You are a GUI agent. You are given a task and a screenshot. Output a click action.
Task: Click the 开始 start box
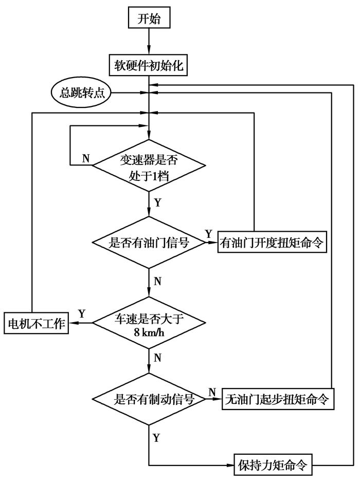[149, 19]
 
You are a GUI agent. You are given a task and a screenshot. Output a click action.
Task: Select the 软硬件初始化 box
[149, 66]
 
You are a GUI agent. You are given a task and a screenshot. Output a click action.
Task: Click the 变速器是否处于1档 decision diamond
[149, 165]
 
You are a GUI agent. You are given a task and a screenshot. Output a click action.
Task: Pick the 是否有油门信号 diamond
[149, 243]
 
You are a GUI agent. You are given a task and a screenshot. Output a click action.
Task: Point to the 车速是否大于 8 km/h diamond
[149, 322]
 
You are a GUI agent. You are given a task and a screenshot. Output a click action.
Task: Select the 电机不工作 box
[36, 323]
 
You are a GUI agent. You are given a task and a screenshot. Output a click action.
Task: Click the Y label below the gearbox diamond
[157, 202]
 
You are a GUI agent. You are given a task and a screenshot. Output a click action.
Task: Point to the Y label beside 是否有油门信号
[208, 234]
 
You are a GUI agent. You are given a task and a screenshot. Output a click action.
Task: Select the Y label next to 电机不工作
[81, 313]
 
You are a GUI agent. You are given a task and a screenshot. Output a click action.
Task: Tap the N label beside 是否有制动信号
[211, 392]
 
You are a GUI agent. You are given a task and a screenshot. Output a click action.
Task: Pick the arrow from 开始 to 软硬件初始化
[149, 42]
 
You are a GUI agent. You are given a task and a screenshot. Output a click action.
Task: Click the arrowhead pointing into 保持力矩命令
[230, 466]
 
